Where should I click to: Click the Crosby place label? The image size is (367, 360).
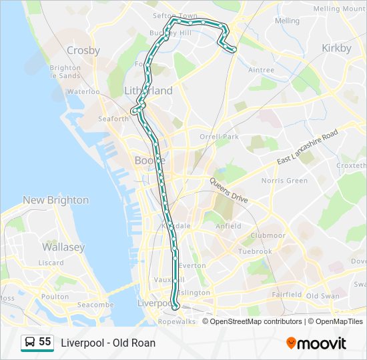[83, 50]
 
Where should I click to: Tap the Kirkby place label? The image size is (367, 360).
[336, 48]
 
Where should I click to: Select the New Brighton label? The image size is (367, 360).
[55, 200]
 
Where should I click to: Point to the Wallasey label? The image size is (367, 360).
[63, 247]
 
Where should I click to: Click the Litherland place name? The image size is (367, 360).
[148, 91]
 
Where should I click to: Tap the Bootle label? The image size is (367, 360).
[150, 160]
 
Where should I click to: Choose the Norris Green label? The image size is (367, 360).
[284, 181]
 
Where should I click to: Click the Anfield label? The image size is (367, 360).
[228, 226]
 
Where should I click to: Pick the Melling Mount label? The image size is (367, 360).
[336, 9]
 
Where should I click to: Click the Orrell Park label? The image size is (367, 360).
[219, 137]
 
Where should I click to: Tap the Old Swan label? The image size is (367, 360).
[323, 295]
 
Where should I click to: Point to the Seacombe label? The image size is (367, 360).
[96, 305]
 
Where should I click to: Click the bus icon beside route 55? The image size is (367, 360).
[29, 343]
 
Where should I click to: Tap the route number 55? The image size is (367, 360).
[45, 342]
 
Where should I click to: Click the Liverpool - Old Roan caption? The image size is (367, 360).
[108, 343]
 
